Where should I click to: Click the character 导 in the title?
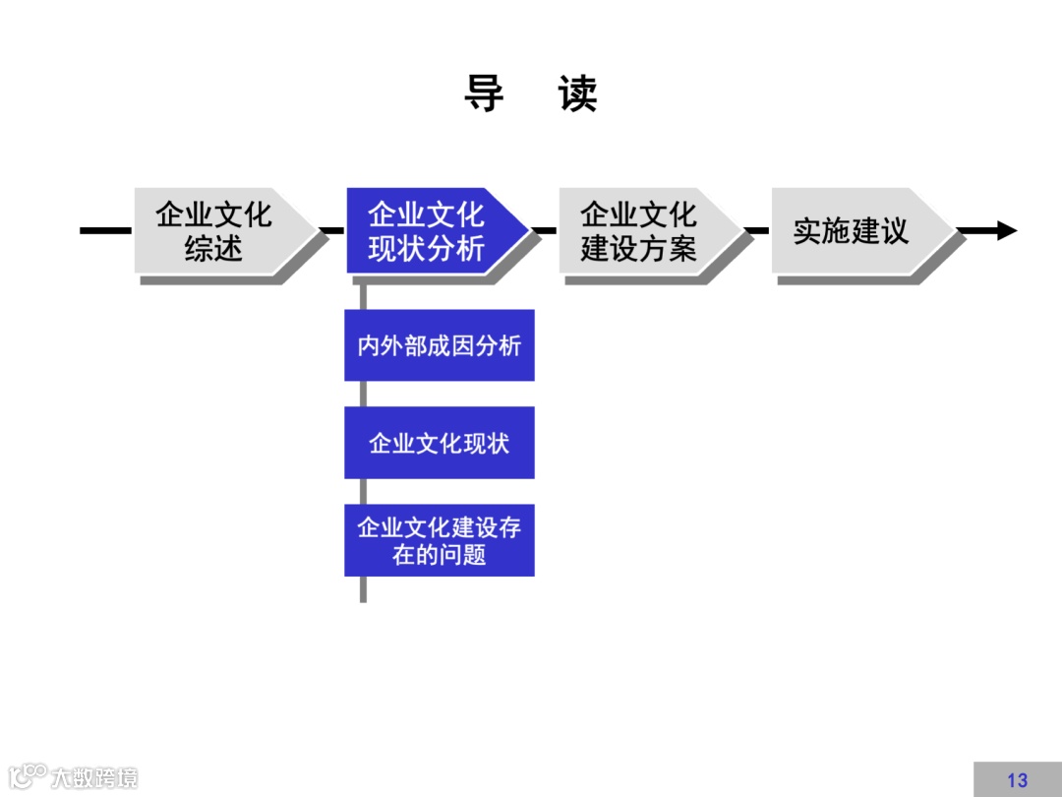pos(485,94)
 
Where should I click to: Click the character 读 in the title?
pos(577,94)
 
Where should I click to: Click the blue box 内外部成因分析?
pos(439,345)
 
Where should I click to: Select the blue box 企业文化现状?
pos(439,443)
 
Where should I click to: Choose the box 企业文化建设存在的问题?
pos(439,540)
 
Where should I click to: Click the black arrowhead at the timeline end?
pos(1006,231)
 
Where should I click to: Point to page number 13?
pos(1017,780)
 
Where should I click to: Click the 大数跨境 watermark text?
pos(94,777)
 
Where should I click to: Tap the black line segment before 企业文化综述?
pos(104,231)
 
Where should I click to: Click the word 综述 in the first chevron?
pos(213,248)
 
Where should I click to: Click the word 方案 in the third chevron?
pos(668,248)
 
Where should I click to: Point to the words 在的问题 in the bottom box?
pos(439,555)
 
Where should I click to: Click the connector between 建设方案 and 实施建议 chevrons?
pos(757,231)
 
